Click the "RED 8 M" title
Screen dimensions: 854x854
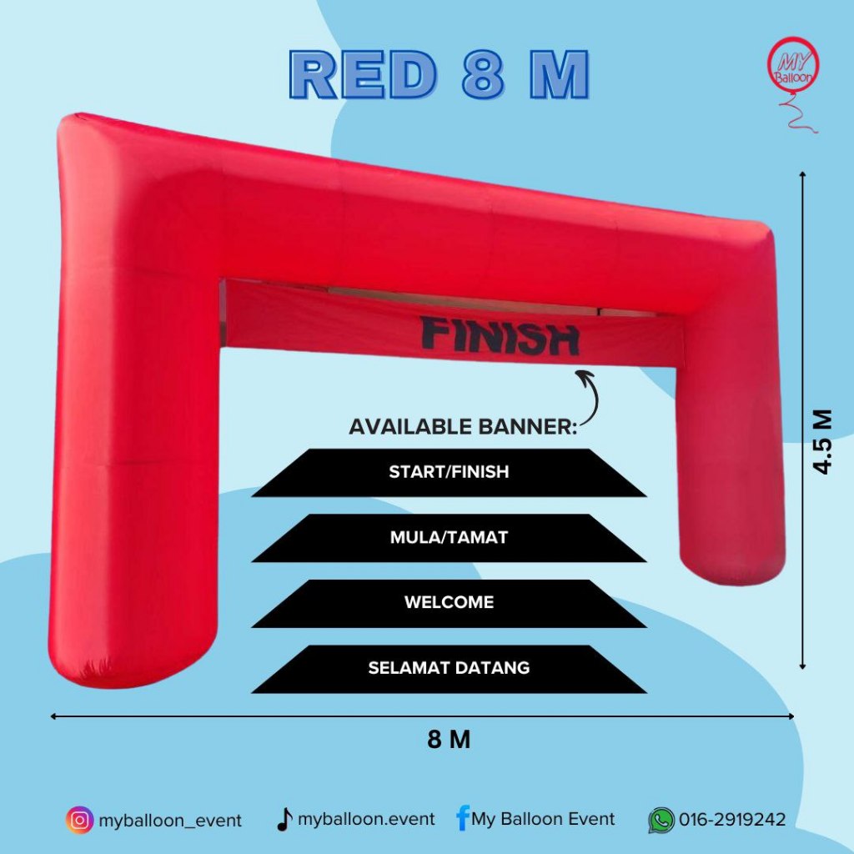click(439, 74)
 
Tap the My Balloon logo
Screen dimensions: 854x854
click(793, 82)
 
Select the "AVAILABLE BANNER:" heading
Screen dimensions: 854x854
click(462, 426)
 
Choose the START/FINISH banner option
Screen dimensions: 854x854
click(449, 472)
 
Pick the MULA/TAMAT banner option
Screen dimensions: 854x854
click(449, 538)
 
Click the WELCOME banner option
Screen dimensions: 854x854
click(449, 603)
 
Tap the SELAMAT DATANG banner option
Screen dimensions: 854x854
click(449, 668)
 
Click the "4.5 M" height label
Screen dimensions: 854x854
click(822, 442)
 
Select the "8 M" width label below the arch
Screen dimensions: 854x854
click(449, 740)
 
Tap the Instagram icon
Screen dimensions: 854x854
click(79, 820)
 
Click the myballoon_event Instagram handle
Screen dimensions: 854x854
click(170, 821)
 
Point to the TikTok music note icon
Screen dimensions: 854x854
click(284, 819)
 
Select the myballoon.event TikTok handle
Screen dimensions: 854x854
click(367, 819)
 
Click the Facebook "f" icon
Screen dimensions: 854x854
click(462, 818)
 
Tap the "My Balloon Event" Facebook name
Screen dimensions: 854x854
click(543, 819)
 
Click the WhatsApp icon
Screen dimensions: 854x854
click(661, 821)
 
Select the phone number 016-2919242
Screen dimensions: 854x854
click(732, 819)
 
